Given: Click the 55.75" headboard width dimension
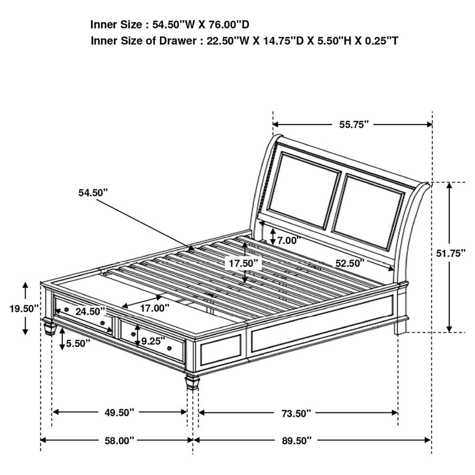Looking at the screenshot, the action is click(x=354, y=125).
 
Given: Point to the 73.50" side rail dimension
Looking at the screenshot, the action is click(x=296, y=413).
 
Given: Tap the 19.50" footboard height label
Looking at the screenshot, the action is click(x=24, y=309).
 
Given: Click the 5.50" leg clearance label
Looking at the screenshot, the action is click(x=78, y=343).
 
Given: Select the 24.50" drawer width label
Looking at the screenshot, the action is click(x=90, y=311).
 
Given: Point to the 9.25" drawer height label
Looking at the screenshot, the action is click(x=153, y=341).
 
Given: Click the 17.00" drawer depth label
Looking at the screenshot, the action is click(x=155, y=308).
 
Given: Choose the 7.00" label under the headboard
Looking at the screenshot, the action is click(x=289, y=241).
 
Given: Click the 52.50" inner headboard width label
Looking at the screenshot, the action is click(x=350, y=263).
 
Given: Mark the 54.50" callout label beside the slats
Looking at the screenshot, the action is click(x=93, y=192).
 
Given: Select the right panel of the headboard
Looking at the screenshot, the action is click(x=368, y=212).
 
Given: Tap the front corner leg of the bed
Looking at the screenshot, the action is click(x=192, y=383).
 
